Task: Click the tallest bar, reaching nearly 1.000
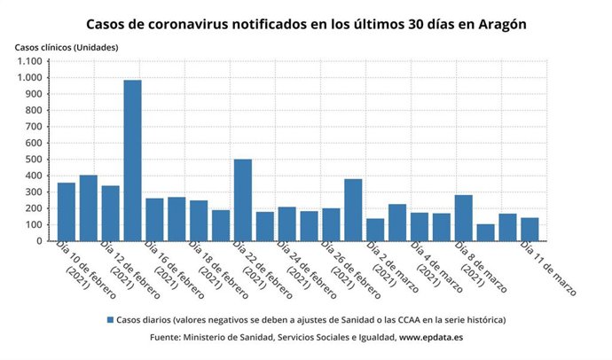(x=132, y=160)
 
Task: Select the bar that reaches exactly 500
(x=243, y=200)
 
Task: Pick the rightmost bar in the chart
(x=530, y=229)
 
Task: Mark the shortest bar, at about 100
(x=485, y=232)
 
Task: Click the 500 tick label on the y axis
(x=33, y=160)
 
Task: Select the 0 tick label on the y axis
(x=39, y=241)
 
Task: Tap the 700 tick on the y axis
(x=33, y=127)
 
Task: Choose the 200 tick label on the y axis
(x=33, y=208)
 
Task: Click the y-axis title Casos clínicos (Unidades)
(x=67, y=46)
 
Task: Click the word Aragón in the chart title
(x=501, y=24)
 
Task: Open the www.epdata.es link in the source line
(x=432, y=337)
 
